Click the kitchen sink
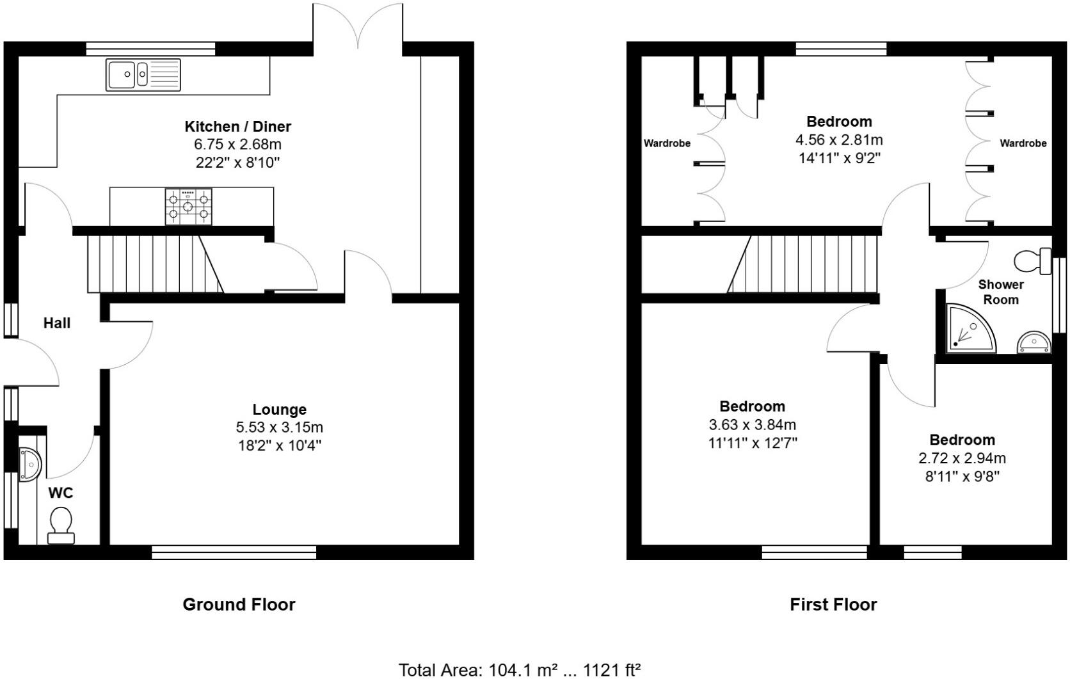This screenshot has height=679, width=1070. click(144, 74)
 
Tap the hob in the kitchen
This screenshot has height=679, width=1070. click(188, 206)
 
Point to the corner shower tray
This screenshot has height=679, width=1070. click(970, 328)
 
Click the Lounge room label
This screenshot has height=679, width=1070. click(279, 410)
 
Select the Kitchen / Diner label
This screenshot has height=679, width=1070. click(238, 126)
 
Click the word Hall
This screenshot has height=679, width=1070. click(57, 323)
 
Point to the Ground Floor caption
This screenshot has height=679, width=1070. click(239, 604)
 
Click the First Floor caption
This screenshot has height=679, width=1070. click(833, 604)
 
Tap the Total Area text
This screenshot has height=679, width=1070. click(520, 669)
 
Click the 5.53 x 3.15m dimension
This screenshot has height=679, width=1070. click(279, 427)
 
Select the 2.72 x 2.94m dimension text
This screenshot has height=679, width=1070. click(962, 458)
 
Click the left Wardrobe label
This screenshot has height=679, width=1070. click(667, 143)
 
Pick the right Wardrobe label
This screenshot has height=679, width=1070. click(1023, 143)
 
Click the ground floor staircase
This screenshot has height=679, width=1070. click(154, 264)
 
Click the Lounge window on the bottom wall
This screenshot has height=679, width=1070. click(234, 552)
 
